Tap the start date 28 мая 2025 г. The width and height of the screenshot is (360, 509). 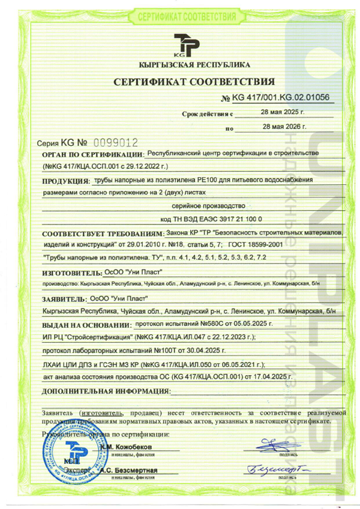click(283, 112)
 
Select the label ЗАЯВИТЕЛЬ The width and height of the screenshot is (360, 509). click(64, 298)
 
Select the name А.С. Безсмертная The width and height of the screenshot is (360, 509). click(129, 470)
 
